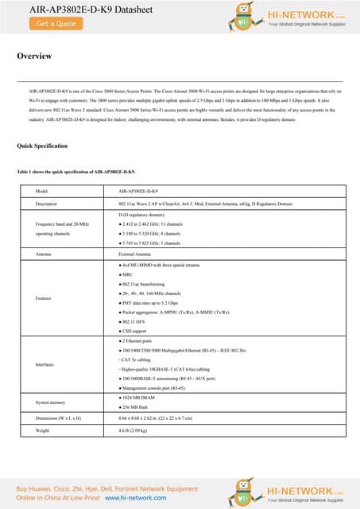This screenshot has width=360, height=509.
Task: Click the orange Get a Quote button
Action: pyautogui.click(x=56, y=24)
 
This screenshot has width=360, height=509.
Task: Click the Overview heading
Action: pyautogui.click(x=35, y=56)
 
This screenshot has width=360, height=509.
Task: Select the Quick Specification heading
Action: pyautogui.click(x=43, y=146)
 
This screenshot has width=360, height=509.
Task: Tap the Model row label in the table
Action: pyautogui.click(x=45, y=192)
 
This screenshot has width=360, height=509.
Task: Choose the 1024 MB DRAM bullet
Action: pyautogui.click(x=141, y=396)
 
